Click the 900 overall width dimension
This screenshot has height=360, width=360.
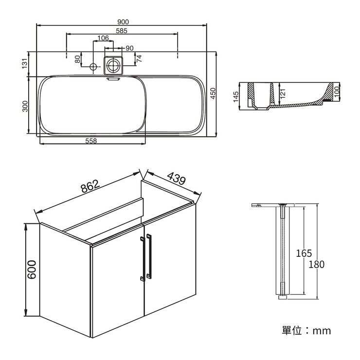point(123,22)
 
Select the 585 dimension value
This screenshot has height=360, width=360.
point(122,31)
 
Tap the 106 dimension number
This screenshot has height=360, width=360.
point(103,38)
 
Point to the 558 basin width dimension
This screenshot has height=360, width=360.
point(91,141)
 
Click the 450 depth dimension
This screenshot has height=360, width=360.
point(213,93)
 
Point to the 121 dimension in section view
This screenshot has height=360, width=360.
point(283,92)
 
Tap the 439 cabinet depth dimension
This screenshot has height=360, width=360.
point(176,179)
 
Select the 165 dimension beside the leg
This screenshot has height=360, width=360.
point(304,253)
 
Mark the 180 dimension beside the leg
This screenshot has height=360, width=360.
point(316,265)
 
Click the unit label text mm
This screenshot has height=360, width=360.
point(322,331)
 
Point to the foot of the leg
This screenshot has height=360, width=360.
point(283,296)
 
